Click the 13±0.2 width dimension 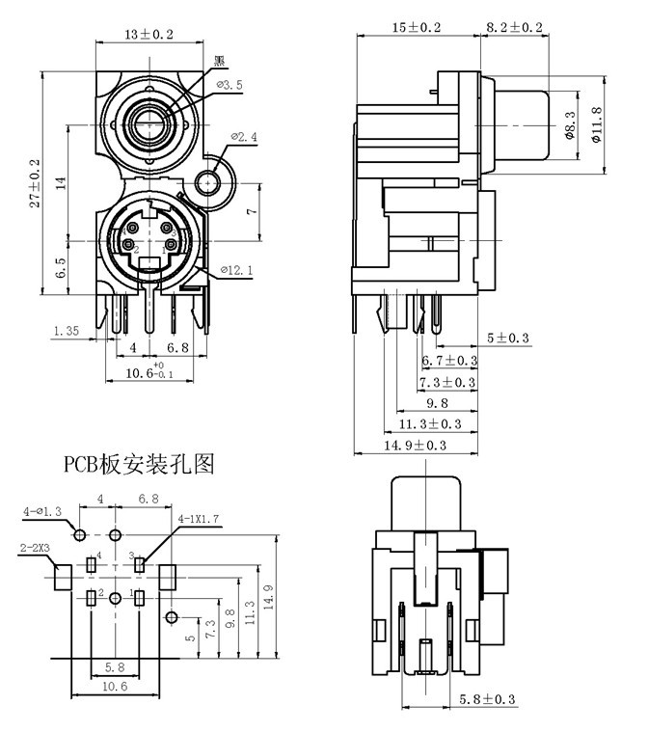point(149,34)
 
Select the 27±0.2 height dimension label point(35,182)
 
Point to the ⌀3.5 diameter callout point(229,85)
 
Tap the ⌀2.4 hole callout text point(244,137)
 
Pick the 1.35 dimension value point(66,330)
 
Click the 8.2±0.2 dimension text point(514,28)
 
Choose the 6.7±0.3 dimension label point(450,361)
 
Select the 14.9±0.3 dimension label point(417,445)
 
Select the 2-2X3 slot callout point(37,547)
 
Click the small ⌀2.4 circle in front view point(208,181)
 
